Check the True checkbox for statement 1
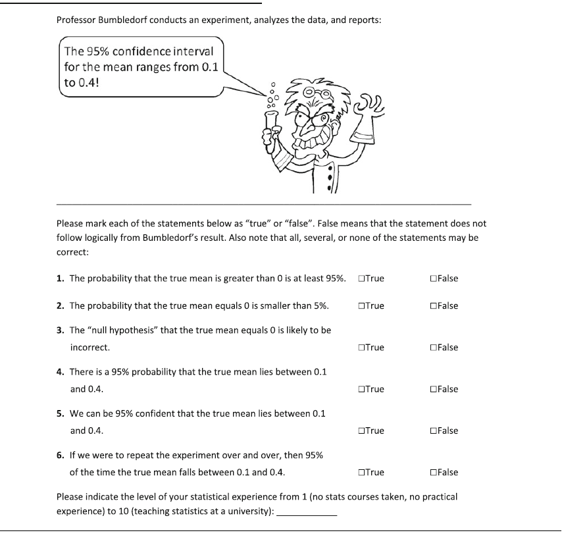(362, 278)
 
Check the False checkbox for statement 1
(432, 278)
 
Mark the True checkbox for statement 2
(362, 306)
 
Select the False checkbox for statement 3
(432, 348)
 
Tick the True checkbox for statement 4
(362, 389)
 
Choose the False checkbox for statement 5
(432, 431)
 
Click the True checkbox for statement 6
(362, 473)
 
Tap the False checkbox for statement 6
(432, 473)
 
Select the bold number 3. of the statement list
(61, 330)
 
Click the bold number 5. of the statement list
(61, 414)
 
